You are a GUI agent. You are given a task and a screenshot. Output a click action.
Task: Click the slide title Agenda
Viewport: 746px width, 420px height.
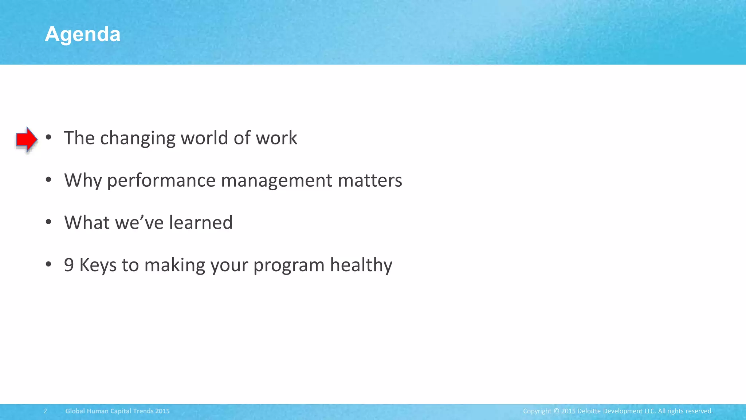(x=83, y=35)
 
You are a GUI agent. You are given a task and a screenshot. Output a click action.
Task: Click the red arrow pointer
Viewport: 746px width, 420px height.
(x=26, y=139)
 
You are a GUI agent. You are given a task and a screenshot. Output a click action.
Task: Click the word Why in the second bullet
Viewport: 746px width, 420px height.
(x=83, y=181)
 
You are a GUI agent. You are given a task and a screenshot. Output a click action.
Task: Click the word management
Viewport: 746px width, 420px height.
(x=276, y=180)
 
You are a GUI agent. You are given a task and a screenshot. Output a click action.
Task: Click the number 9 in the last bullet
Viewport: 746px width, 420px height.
(x=68, y=265)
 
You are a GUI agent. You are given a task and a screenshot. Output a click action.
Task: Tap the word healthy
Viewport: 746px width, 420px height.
(x=361, y=265)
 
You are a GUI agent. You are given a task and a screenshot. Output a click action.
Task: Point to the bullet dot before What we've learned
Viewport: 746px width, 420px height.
(x=48, y=222)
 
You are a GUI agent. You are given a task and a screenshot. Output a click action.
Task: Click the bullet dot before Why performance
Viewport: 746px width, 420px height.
(x=48, y=179)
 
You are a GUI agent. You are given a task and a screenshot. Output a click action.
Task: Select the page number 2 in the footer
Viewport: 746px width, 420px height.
(x=46, y=411)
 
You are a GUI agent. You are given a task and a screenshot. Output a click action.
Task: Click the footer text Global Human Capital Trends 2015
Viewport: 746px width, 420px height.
(x=117, y=411)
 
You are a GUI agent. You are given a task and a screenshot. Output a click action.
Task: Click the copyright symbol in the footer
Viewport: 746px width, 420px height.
(x=556, y=411)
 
